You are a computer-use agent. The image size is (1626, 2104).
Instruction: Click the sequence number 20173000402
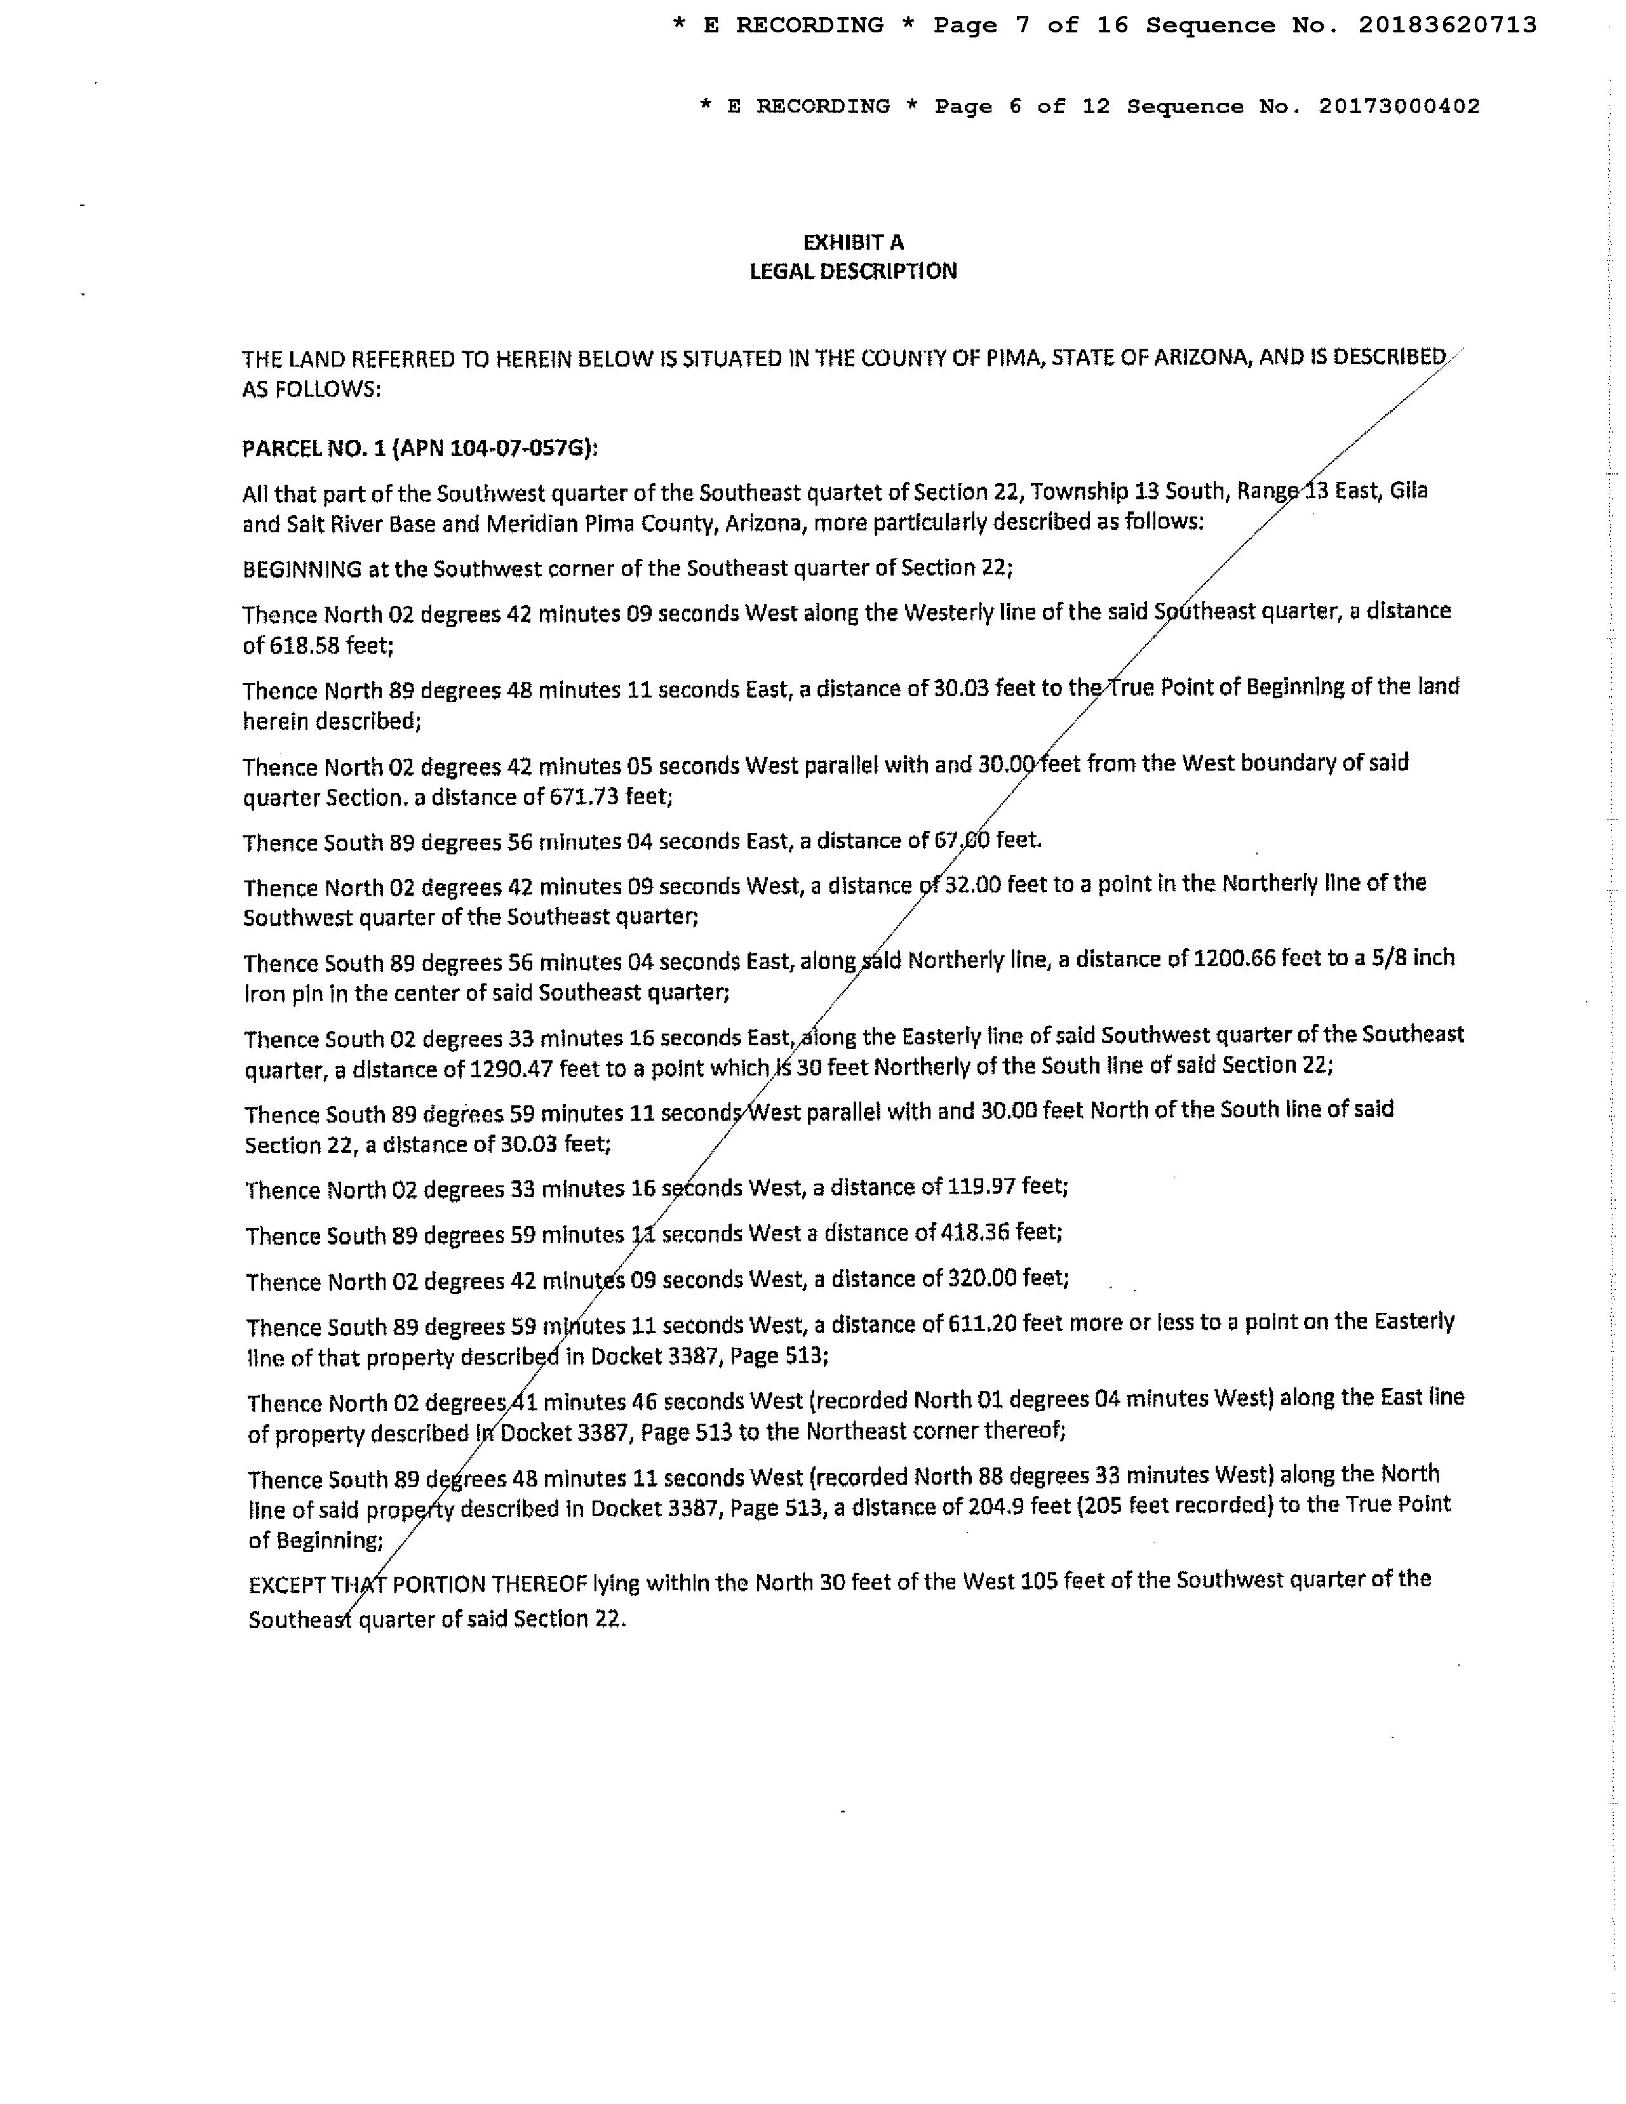pyautogui.click(x=1399, y=106)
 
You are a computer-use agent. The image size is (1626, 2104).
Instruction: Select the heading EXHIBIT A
pyautogui.click(x=854, y=242)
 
